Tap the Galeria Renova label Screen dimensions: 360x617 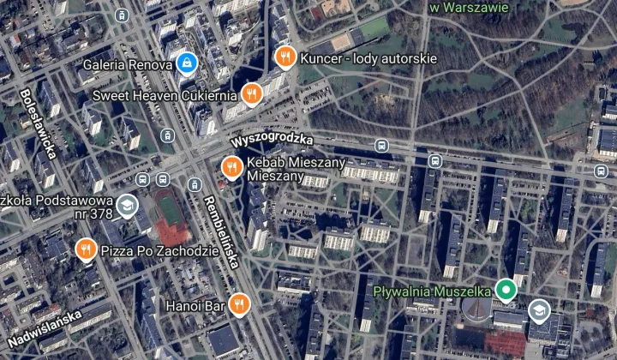click(x=127, y=63)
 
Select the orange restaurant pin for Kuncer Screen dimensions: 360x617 click(x=285, y=58)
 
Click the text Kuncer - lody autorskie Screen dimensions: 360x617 click(x=369, y=58)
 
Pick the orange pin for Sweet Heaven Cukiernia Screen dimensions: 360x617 click(x=250, y=94)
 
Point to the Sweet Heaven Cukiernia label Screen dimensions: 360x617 click(x=165, y=94)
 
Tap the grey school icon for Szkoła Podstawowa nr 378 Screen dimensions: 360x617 click(x=126, y=205)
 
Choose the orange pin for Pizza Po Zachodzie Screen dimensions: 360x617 click(x=85, y=249)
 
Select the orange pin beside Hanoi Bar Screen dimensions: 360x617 click(x=242, y=303)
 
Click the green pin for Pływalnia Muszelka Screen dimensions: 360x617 click(x=506, y=290)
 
